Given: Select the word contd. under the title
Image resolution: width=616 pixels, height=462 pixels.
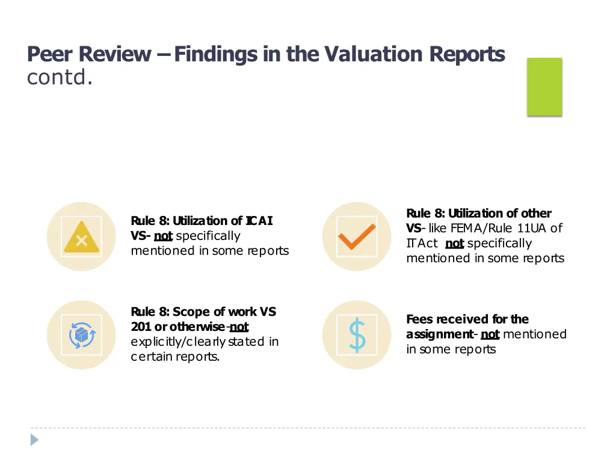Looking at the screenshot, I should pyautogui.click(x=60, y=78).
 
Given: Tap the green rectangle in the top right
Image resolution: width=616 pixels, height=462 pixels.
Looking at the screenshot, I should pyautogui.click(x=544, y=87).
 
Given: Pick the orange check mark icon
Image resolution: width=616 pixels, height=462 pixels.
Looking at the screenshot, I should pyautogui.click(x=357, y=237).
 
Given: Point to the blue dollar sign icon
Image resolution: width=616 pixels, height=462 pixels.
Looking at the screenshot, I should pyautogui.click(x=357, y=335).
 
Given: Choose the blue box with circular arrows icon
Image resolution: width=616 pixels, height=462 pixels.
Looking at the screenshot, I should pyautogui.click(x=81, y=335).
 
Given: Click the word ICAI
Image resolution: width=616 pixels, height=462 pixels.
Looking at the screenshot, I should pyautogui.click(x=259, y=221).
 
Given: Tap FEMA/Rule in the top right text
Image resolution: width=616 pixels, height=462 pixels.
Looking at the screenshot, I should pyautogui.click(x=467, y=228).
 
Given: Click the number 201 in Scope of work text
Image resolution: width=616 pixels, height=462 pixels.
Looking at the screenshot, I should pyautogui.click(x=141, y=327).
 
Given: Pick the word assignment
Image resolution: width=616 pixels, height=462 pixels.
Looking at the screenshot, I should pyautogui.click(x=439, y=334).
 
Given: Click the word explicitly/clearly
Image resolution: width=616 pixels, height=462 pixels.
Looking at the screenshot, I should pyautogui.click(x=179, y=342).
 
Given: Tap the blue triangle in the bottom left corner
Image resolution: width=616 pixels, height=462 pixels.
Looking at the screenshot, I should pyautogui.click(x=35, y=440).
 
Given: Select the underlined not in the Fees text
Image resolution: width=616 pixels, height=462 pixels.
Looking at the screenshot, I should pyautogui.click(x=490, y=334).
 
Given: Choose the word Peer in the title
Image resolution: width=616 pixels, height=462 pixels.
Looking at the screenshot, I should pyautogui.click(x=51, y=55).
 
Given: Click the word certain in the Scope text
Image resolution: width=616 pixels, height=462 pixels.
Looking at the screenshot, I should pyautogui.click(x=152, y=357).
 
